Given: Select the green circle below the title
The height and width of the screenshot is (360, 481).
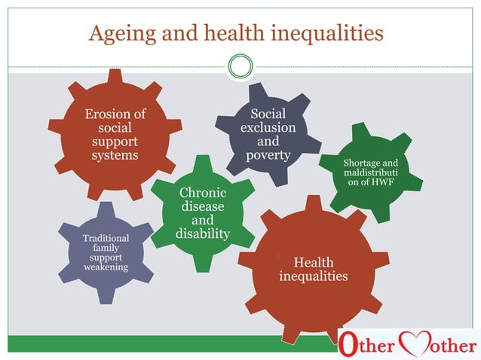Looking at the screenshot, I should [240, 67].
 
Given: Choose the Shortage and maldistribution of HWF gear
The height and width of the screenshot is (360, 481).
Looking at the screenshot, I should [369, 173].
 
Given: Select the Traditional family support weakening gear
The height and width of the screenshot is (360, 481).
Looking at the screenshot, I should [106, 252].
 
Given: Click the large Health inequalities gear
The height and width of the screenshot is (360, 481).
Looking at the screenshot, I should [313, 269].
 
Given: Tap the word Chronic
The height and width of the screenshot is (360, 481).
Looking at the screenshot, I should [202, 194].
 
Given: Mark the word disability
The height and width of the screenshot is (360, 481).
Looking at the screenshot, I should [202, 234].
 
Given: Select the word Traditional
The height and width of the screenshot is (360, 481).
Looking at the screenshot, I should [106, 239].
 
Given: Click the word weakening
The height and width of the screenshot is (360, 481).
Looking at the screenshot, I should [106, 267].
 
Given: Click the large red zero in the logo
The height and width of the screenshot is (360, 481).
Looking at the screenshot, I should [348, 344].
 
